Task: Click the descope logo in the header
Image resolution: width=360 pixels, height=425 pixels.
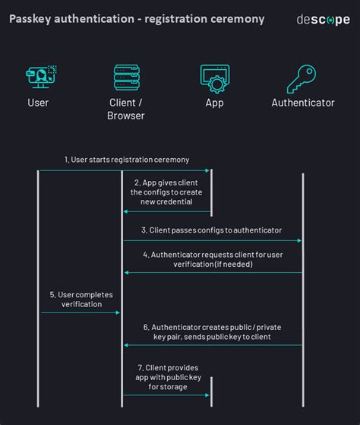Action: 323,20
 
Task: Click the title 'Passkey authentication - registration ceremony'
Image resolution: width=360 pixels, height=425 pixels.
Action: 137,19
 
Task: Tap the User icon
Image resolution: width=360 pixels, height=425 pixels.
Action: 39,78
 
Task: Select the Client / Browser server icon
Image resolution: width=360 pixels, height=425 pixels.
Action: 126,78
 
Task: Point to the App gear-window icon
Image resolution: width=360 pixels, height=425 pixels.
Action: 215,78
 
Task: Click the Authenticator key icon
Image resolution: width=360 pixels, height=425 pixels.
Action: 302,78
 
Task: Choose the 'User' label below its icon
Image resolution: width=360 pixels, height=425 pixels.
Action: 38,103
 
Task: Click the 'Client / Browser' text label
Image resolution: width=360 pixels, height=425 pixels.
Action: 126,109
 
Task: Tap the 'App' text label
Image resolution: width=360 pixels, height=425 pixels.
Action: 215,103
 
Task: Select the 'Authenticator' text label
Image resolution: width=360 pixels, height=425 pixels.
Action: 303,103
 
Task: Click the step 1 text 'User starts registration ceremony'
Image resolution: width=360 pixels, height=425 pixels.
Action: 126,160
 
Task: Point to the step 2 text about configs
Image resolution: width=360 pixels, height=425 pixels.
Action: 168,192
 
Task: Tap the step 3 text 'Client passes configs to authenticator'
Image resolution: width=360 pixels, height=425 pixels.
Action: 211,230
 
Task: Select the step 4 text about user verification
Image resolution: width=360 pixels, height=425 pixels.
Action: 212,259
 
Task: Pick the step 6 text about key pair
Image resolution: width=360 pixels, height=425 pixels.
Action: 212,331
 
